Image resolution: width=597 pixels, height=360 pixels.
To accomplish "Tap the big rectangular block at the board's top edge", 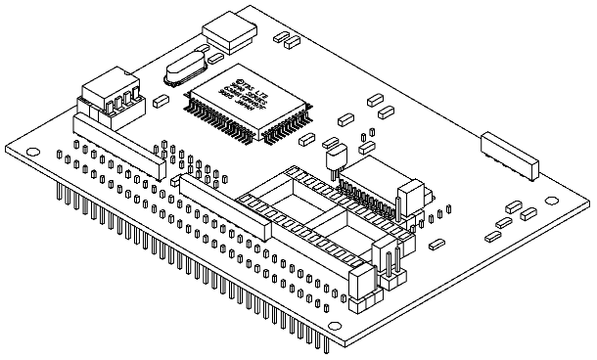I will [x=230, y=37].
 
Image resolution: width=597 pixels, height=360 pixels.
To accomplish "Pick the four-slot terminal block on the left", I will [x=107, y=95].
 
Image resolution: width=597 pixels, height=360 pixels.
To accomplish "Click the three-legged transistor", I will [x=335, y=153].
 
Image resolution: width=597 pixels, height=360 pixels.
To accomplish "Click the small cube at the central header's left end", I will [x=176, y=181].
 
